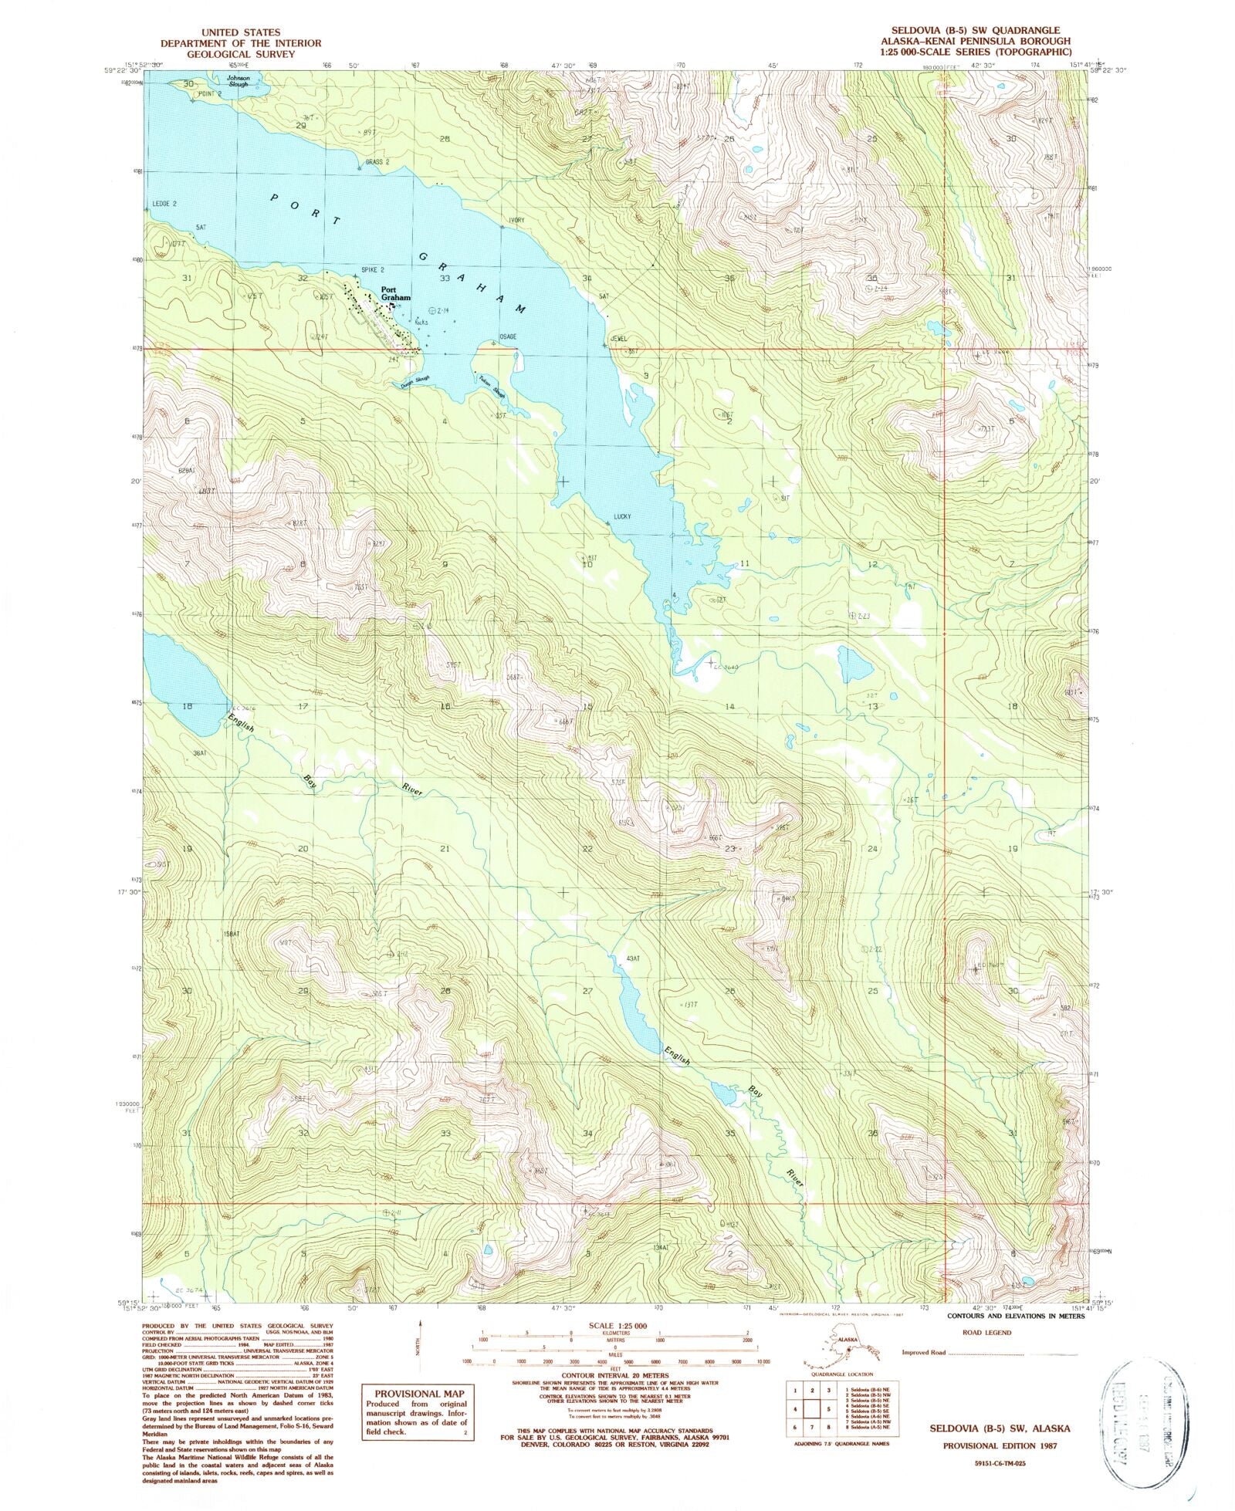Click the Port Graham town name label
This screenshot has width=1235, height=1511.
pyautogui.click(x=394, y=294)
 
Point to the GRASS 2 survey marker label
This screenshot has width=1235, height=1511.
pyautogui.click(x=377, y=162)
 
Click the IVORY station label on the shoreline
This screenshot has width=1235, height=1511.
pyautogui.click(x=516, y=221)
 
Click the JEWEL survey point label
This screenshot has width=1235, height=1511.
pyautogui.click(x=618, y=339)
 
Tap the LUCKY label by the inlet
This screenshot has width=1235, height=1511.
pyautogui.click(x=623, y=516)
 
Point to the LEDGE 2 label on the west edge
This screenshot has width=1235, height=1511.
pyautogui.click(x=164, y=204)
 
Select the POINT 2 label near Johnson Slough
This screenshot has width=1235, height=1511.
pyautogui.click(x=209, y=93)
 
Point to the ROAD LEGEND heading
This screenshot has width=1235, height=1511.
pyautogui.click(x=986, y=1332)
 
